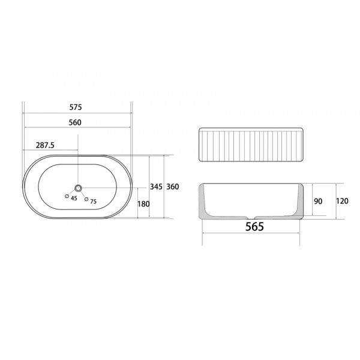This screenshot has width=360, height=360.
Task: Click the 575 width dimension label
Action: (x=75, y=107)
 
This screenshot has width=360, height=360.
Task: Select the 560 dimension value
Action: (x=75, y=122)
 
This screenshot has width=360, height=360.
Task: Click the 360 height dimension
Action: (x=173, y=187)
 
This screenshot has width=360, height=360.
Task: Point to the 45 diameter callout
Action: (x=74, y=198)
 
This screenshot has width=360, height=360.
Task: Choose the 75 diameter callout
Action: (x=94, y=202)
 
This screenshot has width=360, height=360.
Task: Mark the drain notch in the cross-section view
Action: (x=252, y=217)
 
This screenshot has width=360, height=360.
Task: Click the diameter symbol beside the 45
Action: (x=67, y=196)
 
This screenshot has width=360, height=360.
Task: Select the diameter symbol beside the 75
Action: (x=86, y=199)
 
